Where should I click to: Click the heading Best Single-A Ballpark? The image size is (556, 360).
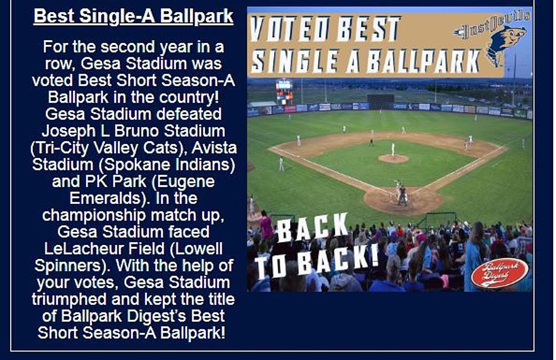133,16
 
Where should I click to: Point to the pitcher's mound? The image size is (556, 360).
393,158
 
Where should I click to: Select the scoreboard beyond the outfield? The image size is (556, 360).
284,91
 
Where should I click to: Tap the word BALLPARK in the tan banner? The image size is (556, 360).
424,61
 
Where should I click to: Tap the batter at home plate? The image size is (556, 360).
397,189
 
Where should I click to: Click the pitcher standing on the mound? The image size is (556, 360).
393,149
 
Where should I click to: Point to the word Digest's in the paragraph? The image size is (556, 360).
158,316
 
